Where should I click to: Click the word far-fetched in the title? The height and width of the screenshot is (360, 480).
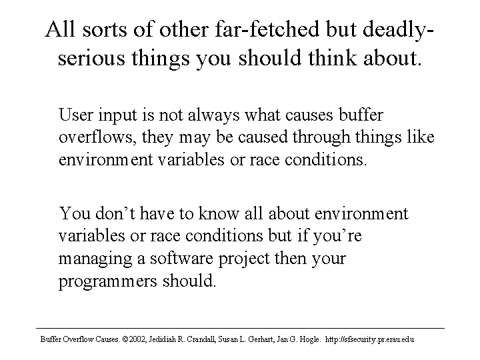click(x=267, y=29)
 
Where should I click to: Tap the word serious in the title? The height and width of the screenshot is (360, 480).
click(x=91, y=57)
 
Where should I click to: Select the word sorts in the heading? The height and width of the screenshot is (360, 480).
click(x=105, y=30)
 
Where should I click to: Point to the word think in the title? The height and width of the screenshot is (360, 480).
click(x=332, y=57)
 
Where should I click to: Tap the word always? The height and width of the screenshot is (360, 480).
click(x=213, y=116)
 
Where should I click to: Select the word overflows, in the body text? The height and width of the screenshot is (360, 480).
click(x=97, y=137)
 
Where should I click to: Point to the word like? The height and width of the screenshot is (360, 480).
click(x=421, y=137)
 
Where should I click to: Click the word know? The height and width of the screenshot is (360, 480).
click(x=218, y=213)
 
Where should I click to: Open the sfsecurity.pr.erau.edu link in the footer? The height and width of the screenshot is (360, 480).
click(x=369, y=339)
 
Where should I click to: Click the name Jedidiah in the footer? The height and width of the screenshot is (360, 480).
click(x=161, y=339)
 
